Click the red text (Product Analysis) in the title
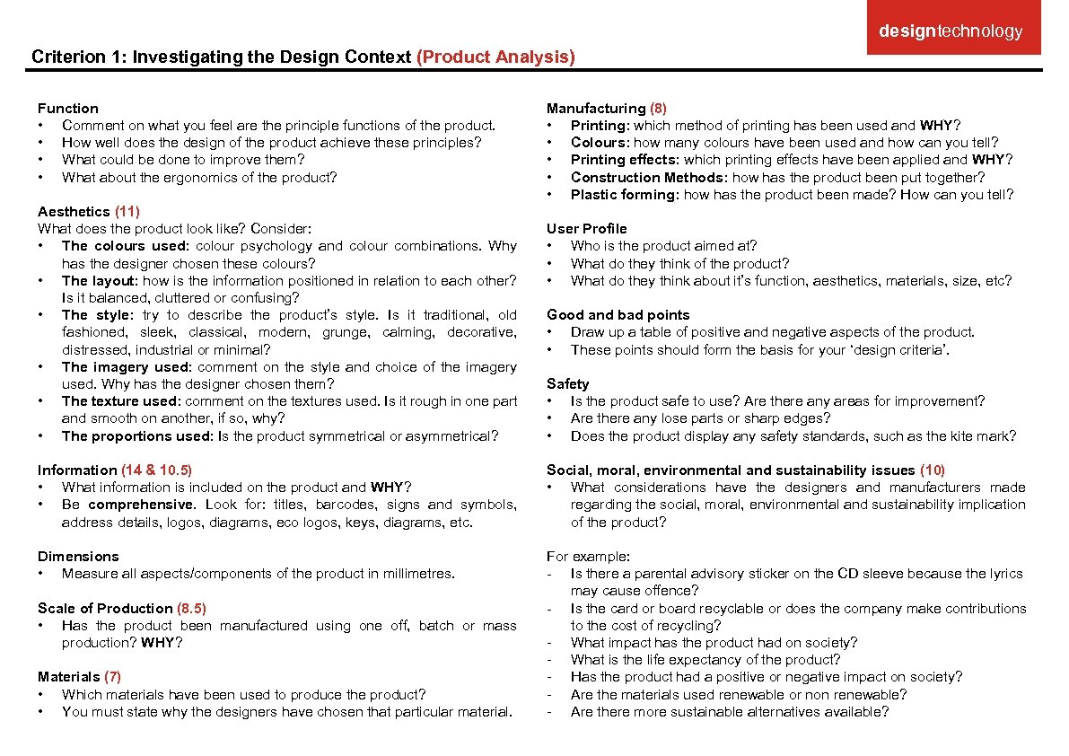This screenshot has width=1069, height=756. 495,57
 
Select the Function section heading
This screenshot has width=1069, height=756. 68,108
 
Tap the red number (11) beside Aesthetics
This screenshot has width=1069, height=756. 127,211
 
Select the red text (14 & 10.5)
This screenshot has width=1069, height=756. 156,470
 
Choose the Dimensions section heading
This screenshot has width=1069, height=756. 78,556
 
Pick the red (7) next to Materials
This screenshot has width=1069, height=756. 112,676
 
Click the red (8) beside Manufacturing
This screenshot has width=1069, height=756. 658,108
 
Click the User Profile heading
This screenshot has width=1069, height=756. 587,228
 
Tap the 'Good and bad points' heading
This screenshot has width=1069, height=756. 618,314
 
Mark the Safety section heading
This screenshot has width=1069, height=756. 568,383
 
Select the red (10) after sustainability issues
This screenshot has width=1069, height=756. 933,470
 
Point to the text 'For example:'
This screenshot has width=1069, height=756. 588,556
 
